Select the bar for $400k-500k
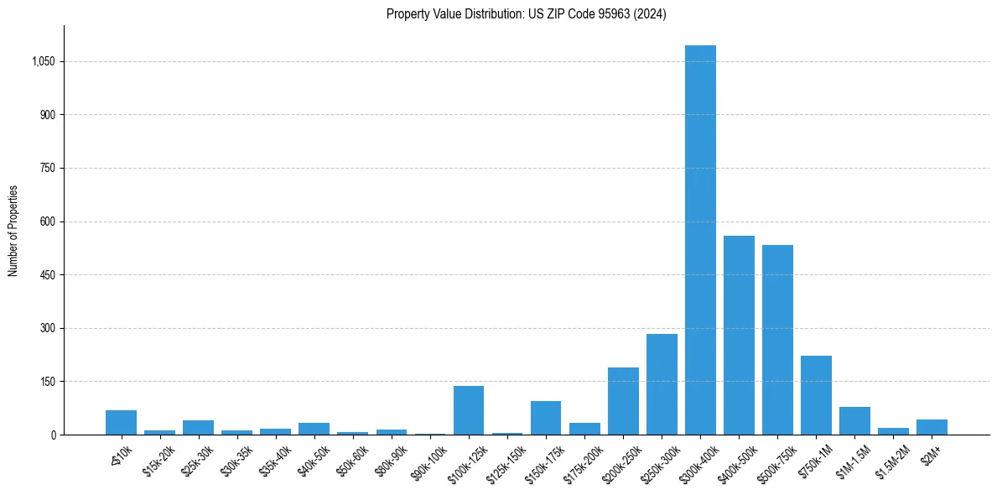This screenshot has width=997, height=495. [x=739, y=336]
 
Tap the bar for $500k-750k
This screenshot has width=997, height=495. [x=777, y=340]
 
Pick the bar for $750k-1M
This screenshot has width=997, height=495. [x=816, y=395]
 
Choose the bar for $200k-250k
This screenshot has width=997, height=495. [x=623, y=401]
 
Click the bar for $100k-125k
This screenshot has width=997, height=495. [x=469, y=410]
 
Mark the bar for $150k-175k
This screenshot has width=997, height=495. [x=546, y=418]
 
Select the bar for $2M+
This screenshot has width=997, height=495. [x=932, y=427]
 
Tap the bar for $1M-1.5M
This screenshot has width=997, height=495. [x=854, y=420]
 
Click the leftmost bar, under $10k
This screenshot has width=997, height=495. [x=121, y=422]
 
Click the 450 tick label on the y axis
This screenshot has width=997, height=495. [x=48, y=275]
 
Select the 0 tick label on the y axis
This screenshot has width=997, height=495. [x=54, y=435]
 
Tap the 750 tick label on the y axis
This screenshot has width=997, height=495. [x=48, y=169]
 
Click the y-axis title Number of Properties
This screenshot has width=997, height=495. [x=13, y=230]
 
